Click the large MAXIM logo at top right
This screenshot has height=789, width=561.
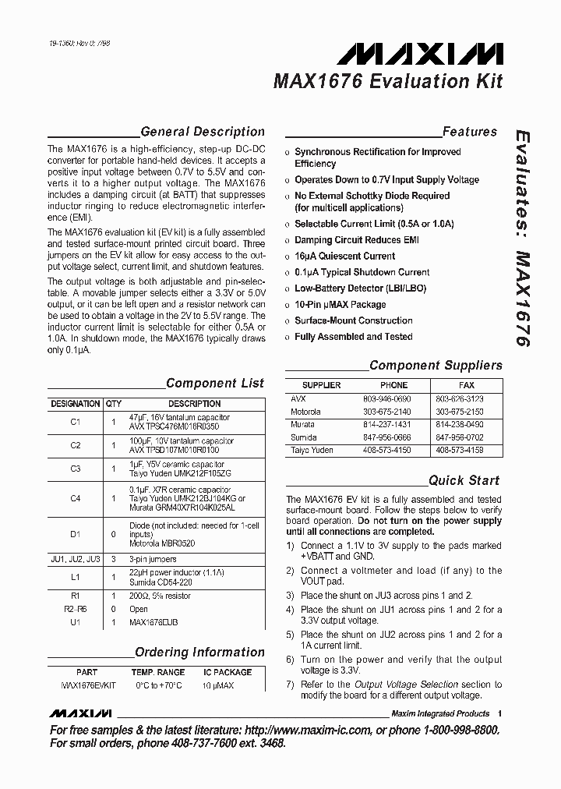point(419,53)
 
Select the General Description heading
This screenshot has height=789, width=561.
point(203,132)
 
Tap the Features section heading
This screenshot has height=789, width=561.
point(469,132)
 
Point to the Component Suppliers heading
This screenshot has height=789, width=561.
point(436,365)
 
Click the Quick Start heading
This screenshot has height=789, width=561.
point(464,480)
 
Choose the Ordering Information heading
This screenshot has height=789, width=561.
point(200,652)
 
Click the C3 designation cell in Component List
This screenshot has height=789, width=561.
point(76,469)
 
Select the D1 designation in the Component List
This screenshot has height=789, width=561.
point(76,534)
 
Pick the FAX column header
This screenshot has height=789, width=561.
point(467,385)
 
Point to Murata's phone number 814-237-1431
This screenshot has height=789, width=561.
point(387,425)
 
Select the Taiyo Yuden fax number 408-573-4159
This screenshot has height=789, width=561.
point(460,451)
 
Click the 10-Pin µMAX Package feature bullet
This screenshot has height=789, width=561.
point(340,304)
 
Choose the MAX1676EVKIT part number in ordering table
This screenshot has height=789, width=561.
point(88,685)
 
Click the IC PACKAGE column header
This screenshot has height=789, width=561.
point(228,672)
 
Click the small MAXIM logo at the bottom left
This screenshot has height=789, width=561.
point(80,713)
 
